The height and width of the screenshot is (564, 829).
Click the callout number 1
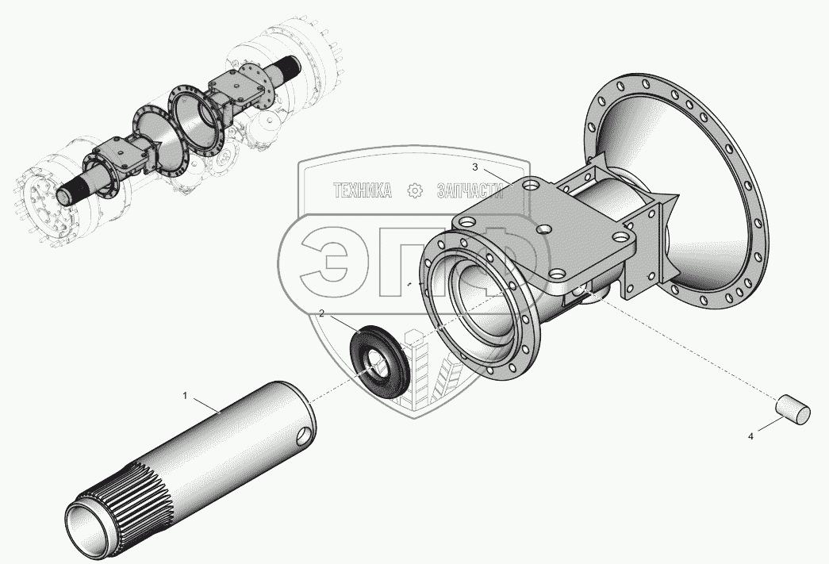(185, 395)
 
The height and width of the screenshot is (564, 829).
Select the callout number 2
(321, 313)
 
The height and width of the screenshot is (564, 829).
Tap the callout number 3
(474, 167)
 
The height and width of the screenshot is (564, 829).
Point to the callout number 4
(750, 436)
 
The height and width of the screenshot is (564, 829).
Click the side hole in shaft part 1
(304, 435)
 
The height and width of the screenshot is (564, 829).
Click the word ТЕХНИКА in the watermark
(363, 190)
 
